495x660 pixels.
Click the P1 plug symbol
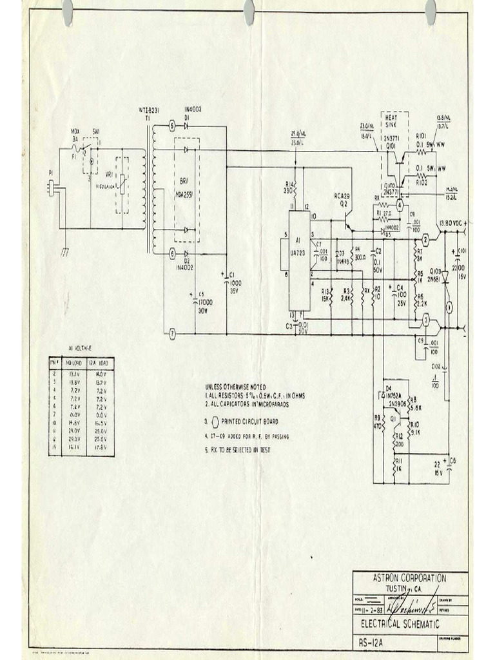tap(52, 188)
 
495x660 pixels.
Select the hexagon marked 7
tap(172, 335)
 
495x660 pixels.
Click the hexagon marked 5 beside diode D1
tap(172, 126)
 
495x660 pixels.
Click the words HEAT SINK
tap(391, 122)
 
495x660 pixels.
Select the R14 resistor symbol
tap(294, 190)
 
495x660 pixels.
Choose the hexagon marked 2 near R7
tap(426, 240)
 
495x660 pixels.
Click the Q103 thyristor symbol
tap(445, 274)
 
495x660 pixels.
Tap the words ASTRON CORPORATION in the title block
tap(410, 578)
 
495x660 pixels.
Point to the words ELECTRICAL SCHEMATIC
tap(400, 625)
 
